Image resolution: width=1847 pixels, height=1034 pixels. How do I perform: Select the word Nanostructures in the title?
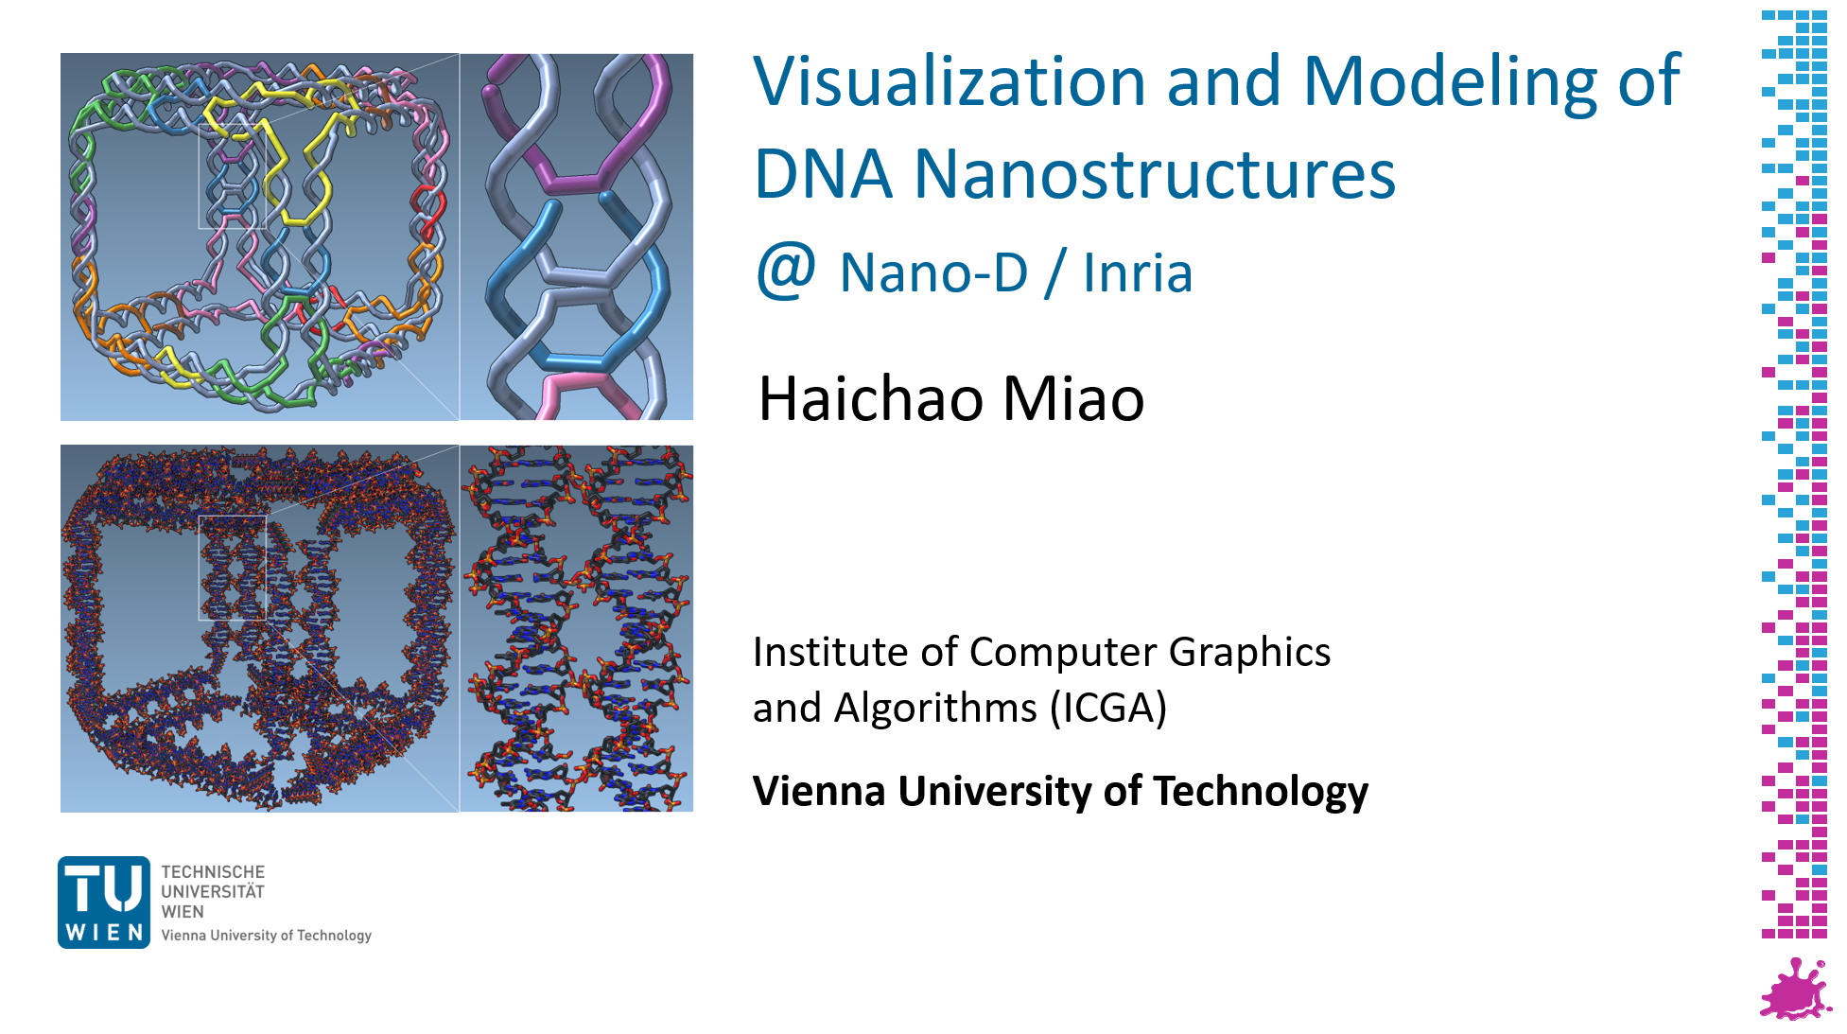pyautogui.click(x=1155, y=174)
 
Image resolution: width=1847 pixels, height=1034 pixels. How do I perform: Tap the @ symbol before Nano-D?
pyautogui.click(x=786, y=271)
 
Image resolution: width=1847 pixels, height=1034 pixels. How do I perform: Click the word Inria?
pyautogui.click(x=1138, y=272)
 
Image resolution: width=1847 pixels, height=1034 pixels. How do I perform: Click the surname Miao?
pyautogui.click(x=1073, y=398)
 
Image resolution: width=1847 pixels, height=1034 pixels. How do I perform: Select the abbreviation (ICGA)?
pyautogui.click(x=1108, y=708)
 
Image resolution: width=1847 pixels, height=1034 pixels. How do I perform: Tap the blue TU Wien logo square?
pyautogui.click(x=104, y=902)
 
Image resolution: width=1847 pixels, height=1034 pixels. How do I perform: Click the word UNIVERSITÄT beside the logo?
pyautogui.click(x=213, y=891)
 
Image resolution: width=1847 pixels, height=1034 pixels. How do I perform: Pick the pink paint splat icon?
pyautogui.click(x=1794, y=989)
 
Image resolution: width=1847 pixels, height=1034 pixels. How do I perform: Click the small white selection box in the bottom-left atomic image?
pyautogui.click(x=199, y=568)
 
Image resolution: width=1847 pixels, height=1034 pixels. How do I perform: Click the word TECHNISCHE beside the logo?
pyautogui.click(x=213, y=871)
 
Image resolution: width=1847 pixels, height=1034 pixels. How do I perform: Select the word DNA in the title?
pyautogui.click(x=824, y=174)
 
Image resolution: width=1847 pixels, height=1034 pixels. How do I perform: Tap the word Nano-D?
pyautogui.click(x=933, y=272)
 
